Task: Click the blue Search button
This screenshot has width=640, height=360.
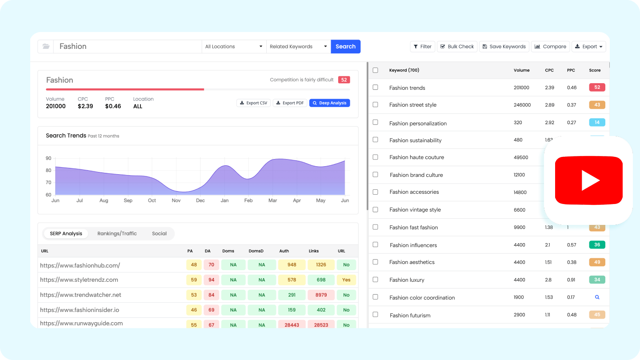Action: click(x=345, y=47)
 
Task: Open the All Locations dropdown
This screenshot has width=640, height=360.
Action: click(x=234, y=47)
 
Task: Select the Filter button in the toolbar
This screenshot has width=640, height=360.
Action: click(x=422, y=47)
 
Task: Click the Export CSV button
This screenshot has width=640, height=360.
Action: click(x=253, y=103)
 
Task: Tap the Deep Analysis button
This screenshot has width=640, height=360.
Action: click(x=329, y=103)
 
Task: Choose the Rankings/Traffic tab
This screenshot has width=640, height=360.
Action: click(x=117, y=234)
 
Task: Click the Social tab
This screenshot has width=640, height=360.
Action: click(x=159, y=234)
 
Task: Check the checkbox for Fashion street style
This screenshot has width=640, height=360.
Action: click(x=376, y=105)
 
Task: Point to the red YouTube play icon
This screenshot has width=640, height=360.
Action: click(x=588, y=180)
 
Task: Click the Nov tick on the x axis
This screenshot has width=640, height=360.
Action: click(x=176, y=200)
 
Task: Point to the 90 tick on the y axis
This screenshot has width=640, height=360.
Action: click(x=48, y=158)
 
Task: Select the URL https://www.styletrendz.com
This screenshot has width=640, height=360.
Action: click(x=79, y=280)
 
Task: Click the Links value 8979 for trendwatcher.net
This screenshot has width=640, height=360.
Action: click(x=321, y=295)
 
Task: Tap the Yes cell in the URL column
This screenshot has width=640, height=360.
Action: click(x=346, y=280)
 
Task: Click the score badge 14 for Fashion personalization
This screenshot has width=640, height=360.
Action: click(x=597, y=123)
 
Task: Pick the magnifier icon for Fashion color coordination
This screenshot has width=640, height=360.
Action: click(x=597, y=297)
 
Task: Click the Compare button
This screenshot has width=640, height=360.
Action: click(x=550, y=47)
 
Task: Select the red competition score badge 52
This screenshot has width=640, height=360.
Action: click(x=344, y=80)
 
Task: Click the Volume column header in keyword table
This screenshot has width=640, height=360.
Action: click(x=521, y=70)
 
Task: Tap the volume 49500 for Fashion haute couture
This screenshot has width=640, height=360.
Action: click(x=521, y=157)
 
